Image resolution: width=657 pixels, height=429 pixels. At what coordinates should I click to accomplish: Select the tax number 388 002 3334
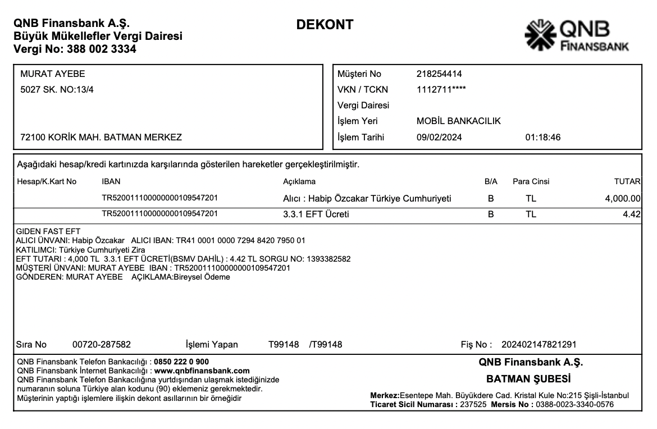coord(101,49)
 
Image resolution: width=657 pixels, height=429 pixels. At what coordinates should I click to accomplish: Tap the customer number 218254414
coord(439,74)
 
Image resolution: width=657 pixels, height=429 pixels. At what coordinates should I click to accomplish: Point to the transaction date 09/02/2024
coord(440,137)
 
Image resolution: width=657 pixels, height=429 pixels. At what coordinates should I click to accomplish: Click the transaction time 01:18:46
coord(542,137)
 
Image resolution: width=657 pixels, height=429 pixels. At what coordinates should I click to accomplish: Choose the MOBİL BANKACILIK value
coord(458,121)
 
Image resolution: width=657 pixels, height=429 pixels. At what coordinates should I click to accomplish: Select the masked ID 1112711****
coord(441,89)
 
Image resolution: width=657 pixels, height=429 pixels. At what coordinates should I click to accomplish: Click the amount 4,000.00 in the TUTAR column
coord(623,198)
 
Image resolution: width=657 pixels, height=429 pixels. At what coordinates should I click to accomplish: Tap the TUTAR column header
coord(627,181)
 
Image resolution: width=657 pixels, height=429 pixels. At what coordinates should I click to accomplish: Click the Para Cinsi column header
coord(531,181)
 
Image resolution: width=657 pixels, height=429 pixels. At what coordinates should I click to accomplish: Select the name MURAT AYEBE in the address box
coord(52,74)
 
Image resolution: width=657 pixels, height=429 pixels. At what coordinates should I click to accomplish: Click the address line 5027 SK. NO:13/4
coord(57,89)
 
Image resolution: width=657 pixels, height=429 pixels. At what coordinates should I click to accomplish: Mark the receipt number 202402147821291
coord(539,344)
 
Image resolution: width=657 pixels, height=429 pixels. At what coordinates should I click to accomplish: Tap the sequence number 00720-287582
coord(102,344)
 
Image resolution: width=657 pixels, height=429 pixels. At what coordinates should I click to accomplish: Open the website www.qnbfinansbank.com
coord(202,371)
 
